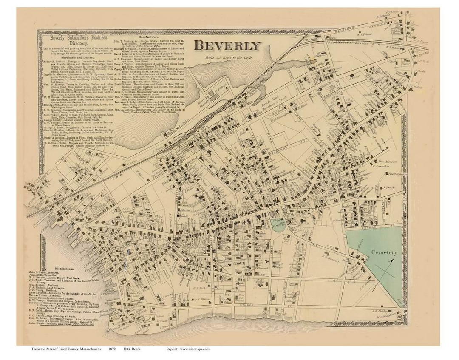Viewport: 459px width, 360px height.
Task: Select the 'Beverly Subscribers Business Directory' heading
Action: click(x=68, y=40)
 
